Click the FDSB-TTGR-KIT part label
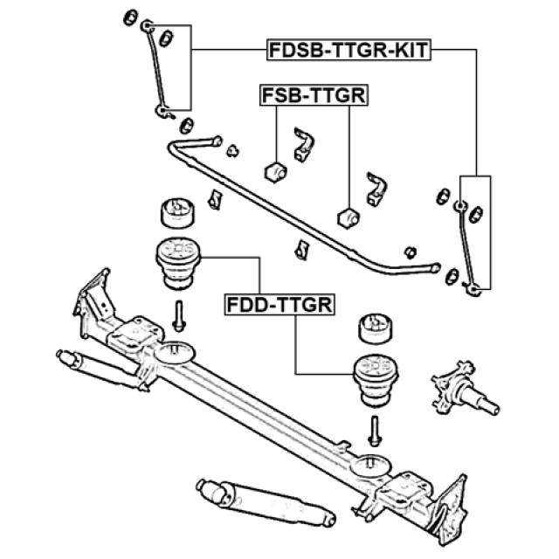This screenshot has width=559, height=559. (x=349, y=50)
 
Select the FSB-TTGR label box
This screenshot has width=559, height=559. (x=314, y=95)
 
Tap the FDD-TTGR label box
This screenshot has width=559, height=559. (x=279, y=305)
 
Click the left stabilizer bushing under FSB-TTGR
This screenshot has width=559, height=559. (x=276, y=172)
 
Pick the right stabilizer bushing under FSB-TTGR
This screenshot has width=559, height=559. (x=348, y=217)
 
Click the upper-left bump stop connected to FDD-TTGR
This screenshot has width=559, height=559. (x=178, y=264)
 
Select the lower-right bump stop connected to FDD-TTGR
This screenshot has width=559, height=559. (x=376, y=381)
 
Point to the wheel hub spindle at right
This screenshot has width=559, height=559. (x=465, y=389)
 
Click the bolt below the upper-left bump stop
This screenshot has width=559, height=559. (x=178, y=316)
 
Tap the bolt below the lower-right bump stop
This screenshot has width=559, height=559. (x=375, y=431)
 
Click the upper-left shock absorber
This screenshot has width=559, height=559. (x=101, y=369)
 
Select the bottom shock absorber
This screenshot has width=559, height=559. (x=266, y=503)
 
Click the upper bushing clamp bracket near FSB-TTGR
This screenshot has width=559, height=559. (x=304, y=144)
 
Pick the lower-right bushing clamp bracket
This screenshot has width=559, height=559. (x=376, y=190)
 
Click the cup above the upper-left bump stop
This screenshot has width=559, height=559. (x=177, y=213)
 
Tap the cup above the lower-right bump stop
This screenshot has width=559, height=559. (x=375, y=328)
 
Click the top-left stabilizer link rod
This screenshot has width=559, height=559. (x=157, y=70)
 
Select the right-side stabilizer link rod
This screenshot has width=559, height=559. (x=466, y=248)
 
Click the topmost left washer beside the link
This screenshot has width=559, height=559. (x=130, y=17)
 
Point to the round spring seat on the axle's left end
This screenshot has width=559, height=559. (x=175, y=352)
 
